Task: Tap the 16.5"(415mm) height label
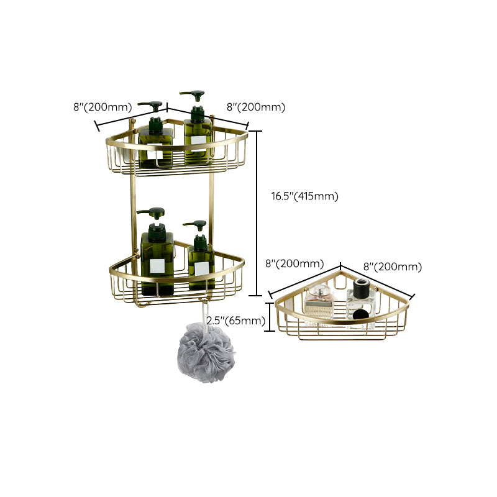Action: pos(304,196)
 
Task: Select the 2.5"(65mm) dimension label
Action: pos(235,321)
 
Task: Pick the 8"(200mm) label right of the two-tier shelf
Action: pos(256,107)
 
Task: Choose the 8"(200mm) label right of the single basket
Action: pos(393,267)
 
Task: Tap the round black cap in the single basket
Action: pos(358,285)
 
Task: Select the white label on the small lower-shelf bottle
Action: pos(201,269)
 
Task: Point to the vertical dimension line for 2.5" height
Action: pos(269,318)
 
